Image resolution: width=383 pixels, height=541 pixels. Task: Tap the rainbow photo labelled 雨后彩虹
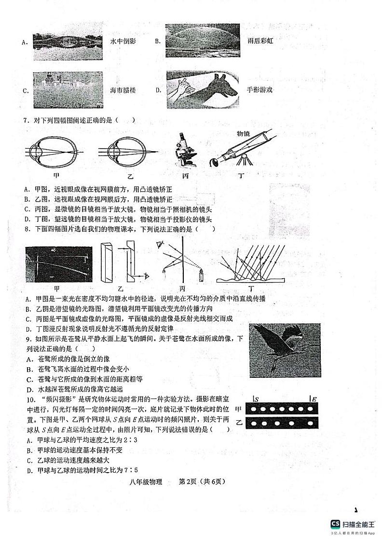tap(203, 40)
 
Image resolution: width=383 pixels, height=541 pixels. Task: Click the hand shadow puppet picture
tap(203, 90)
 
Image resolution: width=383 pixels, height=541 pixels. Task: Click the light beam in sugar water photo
tap(58, 265)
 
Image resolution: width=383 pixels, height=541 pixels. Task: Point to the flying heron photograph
tap(285, 350)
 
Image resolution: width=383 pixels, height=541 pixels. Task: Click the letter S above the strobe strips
tap(256, 399)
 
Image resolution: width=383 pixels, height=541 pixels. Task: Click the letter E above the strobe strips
tap(314, 399)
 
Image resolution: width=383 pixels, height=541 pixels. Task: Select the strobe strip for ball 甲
tap(282, 409)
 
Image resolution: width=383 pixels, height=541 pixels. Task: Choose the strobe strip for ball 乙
tap(282, 424)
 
